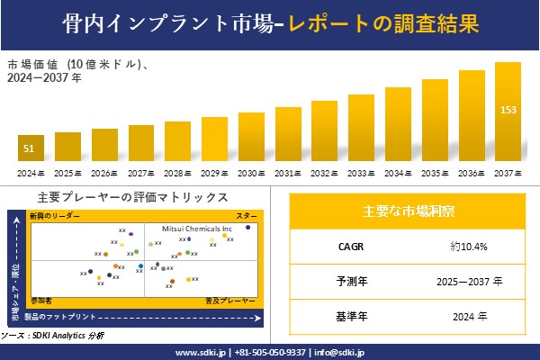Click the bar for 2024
point(31,148)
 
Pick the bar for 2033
point(362,128)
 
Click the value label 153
point(508,110)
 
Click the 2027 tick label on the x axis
point(141,173)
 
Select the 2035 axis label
point(435,173)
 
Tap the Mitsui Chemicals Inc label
point(190,229)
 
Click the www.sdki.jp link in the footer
point(201,352)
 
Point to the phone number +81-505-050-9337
point(269,352)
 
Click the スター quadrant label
point(247,216)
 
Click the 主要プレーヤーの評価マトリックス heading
point(132,197)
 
